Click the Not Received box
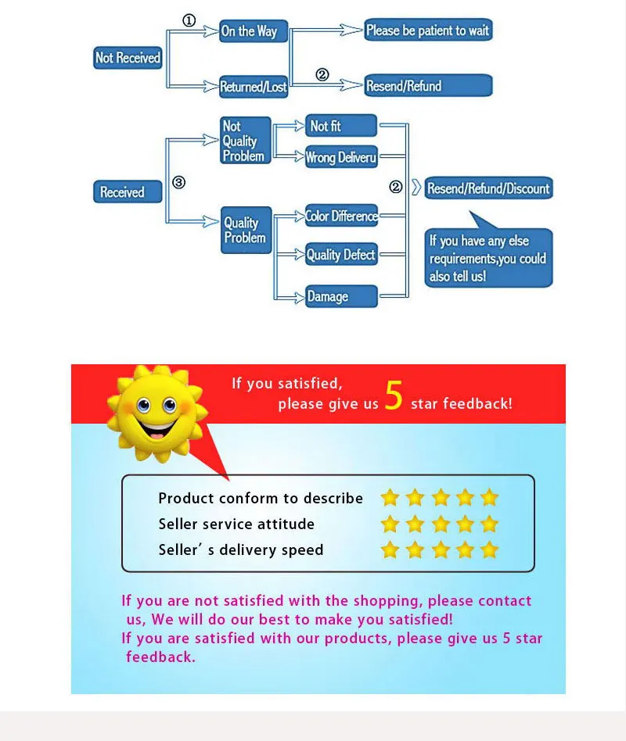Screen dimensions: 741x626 point(128,58)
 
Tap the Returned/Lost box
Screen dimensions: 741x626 point(254,87)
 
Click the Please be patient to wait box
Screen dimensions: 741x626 point(427,30)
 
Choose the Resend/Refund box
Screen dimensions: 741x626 point(427,86)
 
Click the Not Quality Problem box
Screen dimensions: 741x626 point(245,141)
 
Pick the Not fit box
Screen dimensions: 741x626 point(340,126)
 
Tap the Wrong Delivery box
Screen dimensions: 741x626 point(340,157)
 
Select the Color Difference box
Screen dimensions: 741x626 point(341,216)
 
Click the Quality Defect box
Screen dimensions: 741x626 point(341,255)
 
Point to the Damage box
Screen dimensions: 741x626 point(341,296)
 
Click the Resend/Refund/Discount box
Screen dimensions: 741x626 point(487,188)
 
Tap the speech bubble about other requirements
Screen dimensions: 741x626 point(488,259)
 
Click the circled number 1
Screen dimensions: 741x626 point(189,21)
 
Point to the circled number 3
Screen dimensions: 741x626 point(178,183)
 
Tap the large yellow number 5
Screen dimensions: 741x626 point(394,397)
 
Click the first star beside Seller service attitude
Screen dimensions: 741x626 point(390,524)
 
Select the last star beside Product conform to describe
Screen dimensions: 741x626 point(490,498)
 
